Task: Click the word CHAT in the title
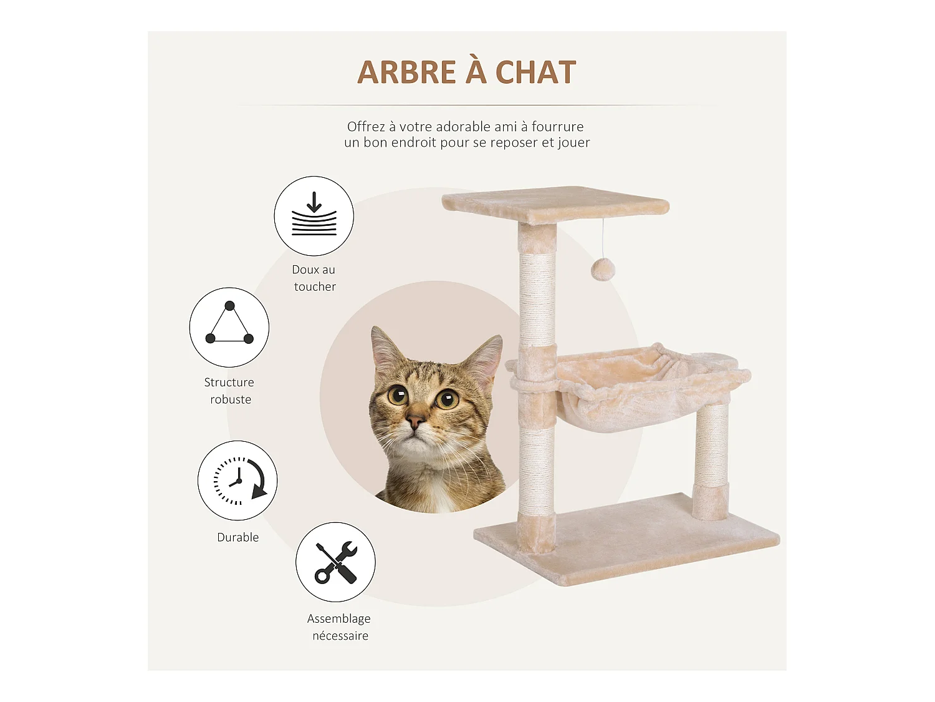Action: tap(535, 72)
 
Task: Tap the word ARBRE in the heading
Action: tap(406, 72)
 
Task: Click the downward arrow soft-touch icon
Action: tap(314, 216)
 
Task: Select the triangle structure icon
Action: tap(229, 327)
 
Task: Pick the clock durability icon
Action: tap(237, 480)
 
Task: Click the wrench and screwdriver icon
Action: tap(335, 562)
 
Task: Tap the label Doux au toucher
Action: tap(314, 278)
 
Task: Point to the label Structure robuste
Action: tap(229, 391)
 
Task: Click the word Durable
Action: tap(237, 537)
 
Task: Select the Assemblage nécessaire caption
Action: tap(339, 627)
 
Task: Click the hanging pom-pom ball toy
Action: tap(603, 270)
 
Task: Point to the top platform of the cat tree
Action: tap(555, 203)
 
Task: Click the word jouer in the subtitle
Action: tap(573, 142)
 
